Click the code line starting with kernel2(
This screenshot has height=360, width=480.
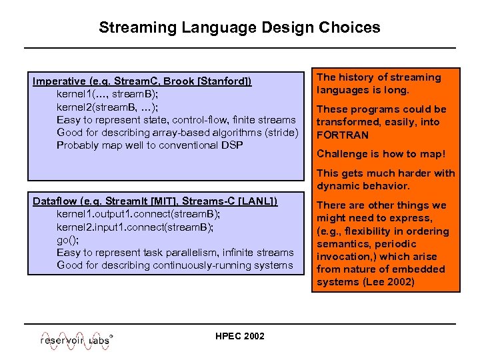107,107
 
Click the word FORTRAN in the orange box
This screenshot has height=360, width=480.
342,135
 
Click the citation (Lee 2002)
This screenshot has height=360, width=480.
389,282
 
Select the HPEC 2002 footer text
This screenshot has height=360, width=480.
239,336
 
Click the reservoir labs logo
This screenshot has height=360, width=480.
75,338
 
